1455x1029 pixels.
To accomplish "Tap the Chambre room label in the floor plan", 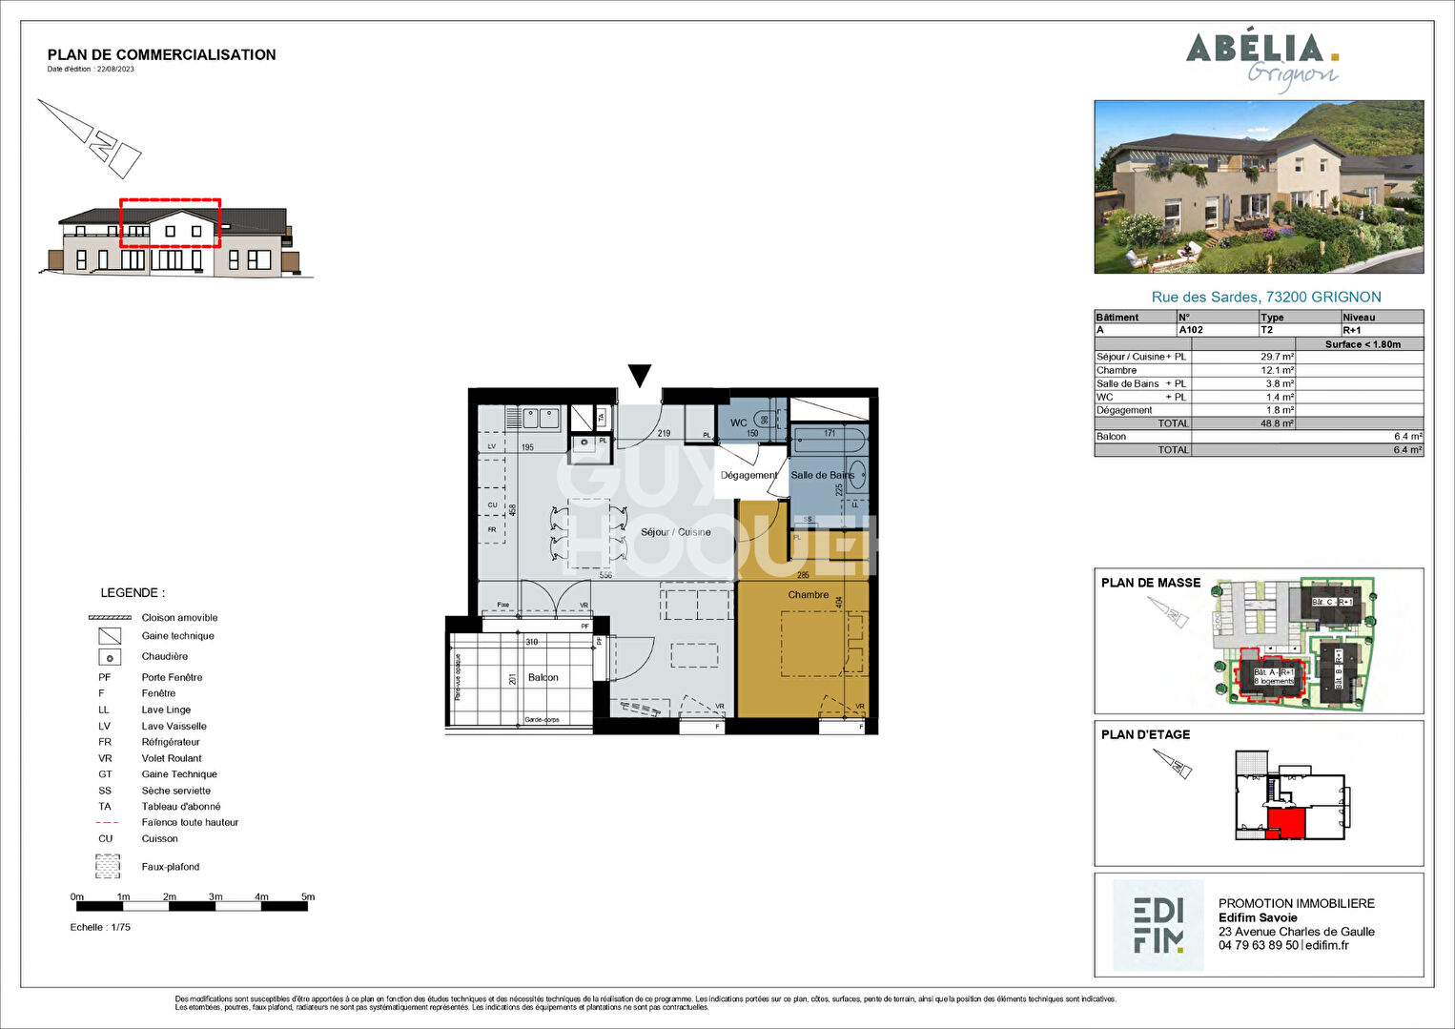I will [x=808, y=595].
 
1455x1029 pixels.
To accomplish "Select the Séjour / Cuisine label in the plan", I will [x=675, y=532].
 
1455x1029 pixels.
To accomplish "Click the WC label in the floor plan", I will [x=739, y=422].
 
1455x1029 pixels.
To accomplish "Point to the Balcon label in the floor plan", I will [x=543, y=677].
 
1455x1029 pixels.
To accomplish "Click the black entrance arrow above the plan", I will [x=640, y=376].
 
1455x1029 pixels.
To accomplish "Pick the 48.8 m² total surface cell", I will [x=1277, y=423].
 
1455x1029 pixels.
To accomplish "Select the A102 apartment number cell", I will [x=1191, y=330].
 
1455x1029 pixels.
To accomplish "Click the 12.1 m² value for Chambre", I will [x=1277, y=370].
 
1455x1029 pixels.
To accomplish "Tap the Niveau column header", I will [x=1359, y=318].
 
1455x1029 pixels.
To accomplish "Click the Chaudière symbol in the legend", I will [x=110, y=657].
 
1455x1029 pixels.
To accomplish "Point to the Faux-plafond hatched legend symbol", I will [x=108, y=866].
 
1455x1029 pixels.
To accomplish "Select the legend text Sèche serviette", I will [x=176, y=791].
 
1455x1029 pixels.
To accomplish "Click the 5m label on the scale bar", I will [x=307, y=896].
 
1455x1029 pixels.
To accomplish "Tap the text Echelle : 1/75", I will [x=100, y=927].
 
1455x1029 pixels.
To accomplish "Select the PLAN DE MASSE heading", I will [x=1151, y=583].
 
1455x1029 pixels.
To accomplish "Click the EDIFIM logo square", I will [x=1158, y=925].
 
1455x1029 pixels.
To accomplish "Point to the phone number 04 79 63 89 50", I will [x=1258, y=945].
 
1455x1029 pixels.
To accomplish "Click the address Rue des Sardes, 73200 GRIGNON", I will [x=1265, y=297].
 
